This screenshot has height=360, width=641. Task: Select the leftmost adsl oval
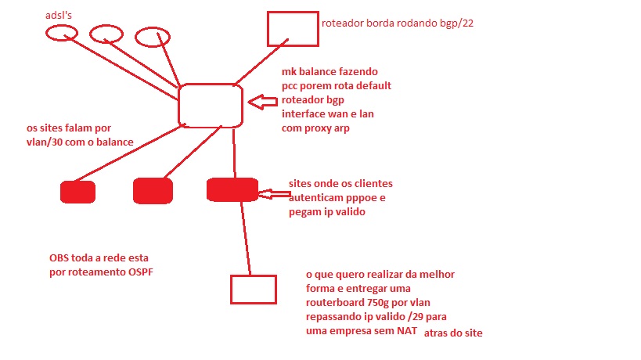[x=60, y=33]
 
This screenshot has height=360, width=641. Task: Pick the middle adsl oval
[x=106, y=34]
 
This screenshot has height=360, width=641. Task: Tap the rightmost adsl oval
[x=152, y=37]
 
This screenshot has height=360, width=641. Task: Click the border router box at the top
[x=292, y=28]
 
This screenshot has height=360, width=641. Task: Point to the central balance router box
[x=210, y=105]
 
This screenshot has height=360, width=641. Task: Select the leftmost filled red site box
[x=77, y=192]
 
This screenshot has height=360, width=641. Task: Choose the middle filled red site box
[x=153, y=191]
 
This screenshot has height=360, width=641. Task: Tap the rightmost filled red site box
[x=232, y=191]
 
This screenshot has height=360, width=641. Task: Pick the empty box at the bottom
[x=253, y=289]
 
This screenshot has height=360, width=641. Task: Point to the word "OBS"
[x=60, y=257]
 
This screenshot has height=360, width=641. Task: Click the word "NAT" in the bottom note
[x=407, y=332]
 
